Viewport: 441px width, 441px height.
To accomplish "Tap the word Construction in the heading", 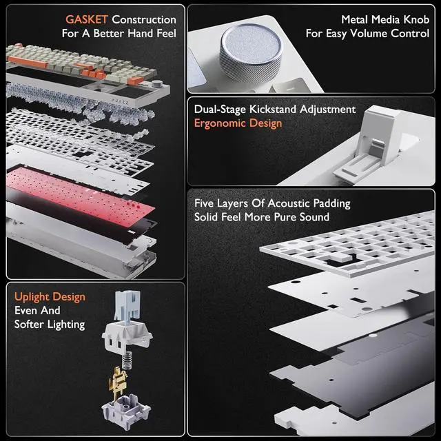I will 144,19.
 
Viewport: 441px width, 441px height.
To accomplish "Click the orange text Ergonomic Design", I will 238,123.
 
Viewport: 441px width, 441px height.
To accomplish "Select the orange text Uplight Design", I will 50,296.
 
